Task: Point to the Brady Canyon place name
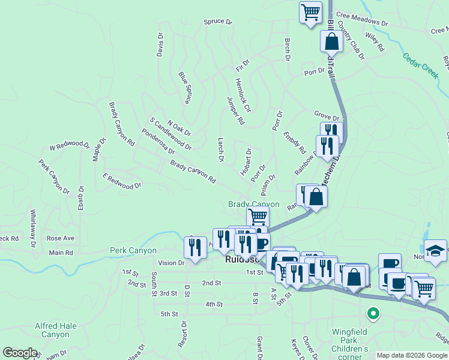click(254, 205)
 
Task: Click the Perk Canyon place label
click(133, 250)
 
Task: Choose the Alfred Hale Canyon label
click(56, 330)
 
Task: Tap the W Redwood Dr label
click(69, 146)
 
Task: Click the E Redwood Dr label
click(121, 181)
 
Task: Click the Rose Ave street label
click(60, 238)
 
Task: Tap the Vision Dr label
click(172, 263)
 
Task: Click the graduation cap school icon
click(435, 251)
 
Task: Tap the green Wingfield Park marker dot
click(373, 313)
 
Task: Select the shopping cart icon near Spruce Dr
click(310, 12)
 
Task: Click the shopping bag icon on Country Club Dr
click(331, 41)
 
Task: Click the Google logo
click(20, 353)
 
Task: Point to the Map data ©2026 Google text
click(411, 355)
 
